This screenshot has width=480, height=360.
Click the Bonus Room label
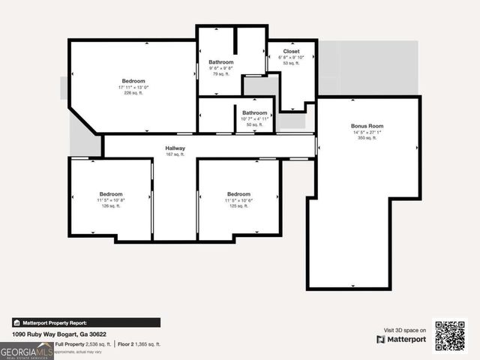tap(367, 126)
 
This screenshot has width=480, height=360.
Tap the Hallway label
tap(175, 148)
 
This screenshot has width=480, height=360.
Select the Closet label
tap(291, 51)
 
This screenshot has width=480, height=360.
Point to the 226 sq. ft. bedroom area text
tap(133, 94)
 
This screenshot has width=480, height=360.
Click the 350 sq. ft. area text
tap(367, 139)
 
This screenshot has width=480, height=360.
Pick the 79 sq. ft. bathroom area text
tap(220, 74)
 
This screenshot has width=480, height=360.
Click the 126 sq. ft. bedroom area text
tap(111, 206)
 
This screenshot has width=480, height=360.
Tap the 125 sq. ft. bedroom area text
tap(238, 206)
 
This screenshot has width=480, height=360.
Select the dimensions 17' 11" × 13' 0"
tap(133, 87)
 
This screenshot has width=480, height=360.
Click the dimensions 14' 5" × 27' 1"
tap(367, 133)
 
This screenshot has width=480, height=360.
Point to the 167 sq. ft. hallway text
tap(175, 154)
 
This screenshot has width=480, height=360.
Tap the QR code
tap(450, 335)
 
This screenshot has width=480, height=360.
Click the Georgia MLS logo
tap(26, 351)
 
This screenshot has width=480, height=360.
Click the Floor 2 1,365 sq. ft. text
tap(139, 344)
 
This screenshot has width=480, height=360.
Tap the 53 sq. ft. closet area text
tap(291, 63)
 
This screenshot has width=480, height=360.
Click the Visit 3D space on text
tap(405, 330)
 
